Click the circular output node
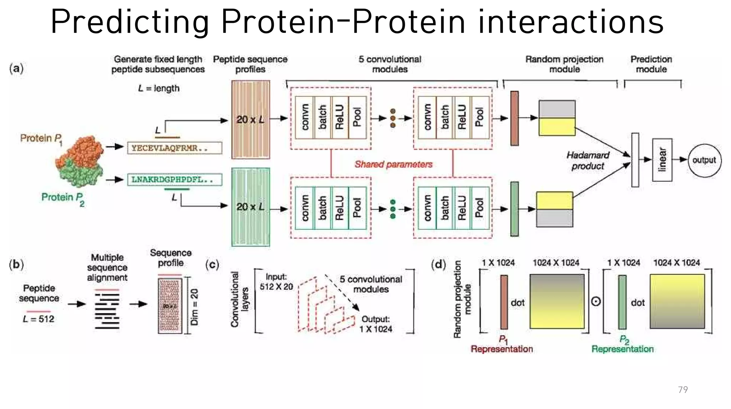[704, 160]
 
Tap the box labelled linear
[662, 160]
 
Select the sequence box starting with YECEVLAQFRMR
[175, 148]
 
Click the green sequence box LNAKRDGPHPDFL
[175, 179]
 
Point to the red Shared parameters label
[393, 164]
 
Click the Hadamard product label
[588, 160]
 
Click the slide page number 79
[682, 389]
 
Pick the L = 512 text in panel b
[39, 319]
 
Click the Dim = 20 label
[195, 307]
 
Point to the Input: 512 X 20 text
[276, 281]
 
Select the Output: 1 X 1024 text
[375, 324]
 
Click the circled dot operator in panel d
[596, 302]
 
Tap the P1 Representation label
[501, 344]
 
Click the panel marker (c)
[212, 265]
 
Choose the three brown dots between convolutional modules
[393, 118]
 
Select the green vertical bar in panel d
[622, 302]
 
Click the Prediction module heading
[651, 64]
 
